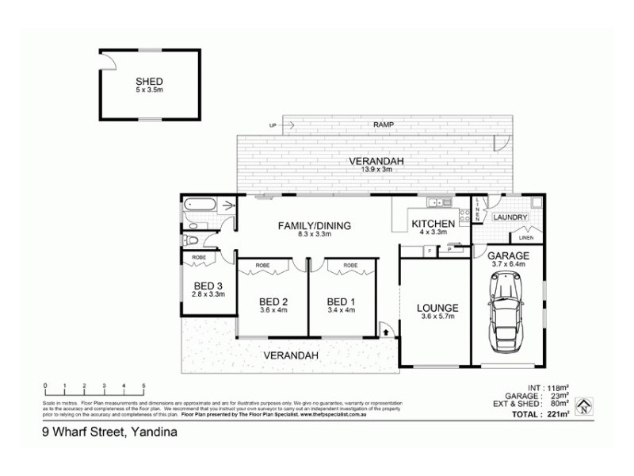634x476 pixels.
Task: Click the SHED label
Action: (149, 81)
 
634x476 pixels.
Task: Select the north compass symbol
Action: (583, 407)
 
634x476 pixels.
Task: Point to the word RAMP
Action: (384, 125)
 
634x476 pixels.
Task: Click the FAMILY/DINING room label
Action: (314, 225)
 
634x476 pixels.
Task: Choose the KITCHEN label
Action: (433, 224)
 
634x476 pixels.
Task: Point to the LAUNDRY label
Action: (511, 217)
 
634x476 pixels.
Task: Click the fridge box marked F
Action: (429, 251)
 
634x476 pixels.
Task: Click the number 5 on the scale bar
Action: (143, 386)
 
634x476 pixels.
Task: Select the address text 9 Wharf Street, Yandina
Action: (109, 433)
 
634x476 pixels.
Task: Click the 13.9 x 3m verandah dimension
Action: (377, 170)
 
